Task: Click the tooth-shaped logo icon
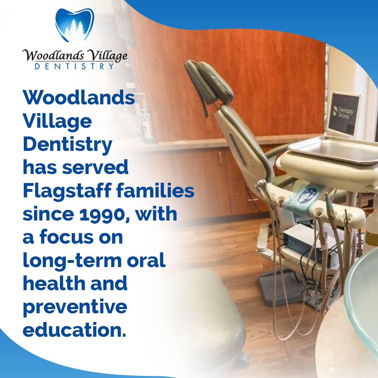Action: [x=74, y=25]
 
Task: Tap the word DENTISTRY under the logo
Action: [x=75, y=66]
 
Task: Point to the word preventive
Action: [x=75, y=307]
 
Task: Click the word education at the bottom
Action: [x=74, y=330]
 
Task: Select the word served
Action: [x=95, y=168]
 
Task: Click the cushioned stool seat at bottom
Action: [x=203, y=311]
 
